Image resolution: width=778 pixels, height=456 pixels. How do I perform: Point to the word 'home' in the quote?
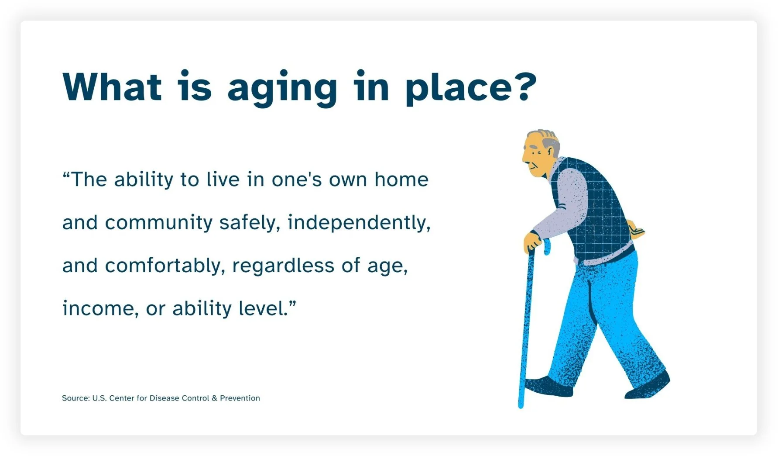tap(401, 180)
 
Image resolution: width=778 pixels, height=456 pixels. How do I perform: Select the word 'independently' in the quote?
tap(357, 223)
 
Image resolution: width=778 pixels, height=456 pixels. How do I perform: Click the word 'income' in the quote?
tap(97, 308)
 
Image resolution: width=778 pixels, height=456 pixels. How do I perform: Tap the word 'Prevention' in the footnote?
tap(240, 398)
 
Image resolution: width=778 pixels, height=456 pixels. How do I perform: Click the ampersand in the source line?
tap(214, 398)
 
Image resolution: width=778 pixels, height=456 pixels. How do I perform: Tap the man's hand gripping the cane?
tap(532, 241)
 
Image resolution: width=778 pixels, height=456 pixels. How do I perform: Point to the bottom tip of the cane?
tap(521, 405)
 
